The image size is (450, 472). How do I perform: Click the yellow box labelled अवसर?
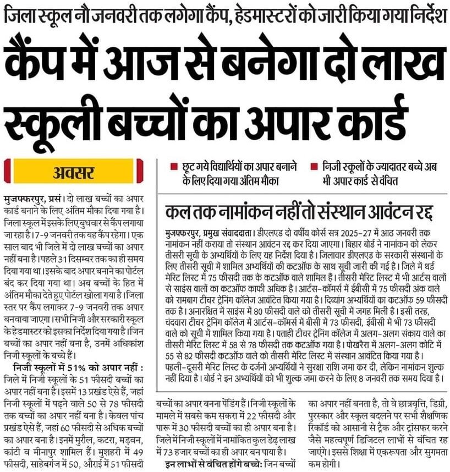75,172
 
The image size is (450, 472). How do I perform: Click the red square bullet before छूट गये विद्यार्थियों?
174,166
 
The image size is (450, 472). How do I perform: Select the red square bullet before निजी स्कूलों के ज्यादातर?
312,166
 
